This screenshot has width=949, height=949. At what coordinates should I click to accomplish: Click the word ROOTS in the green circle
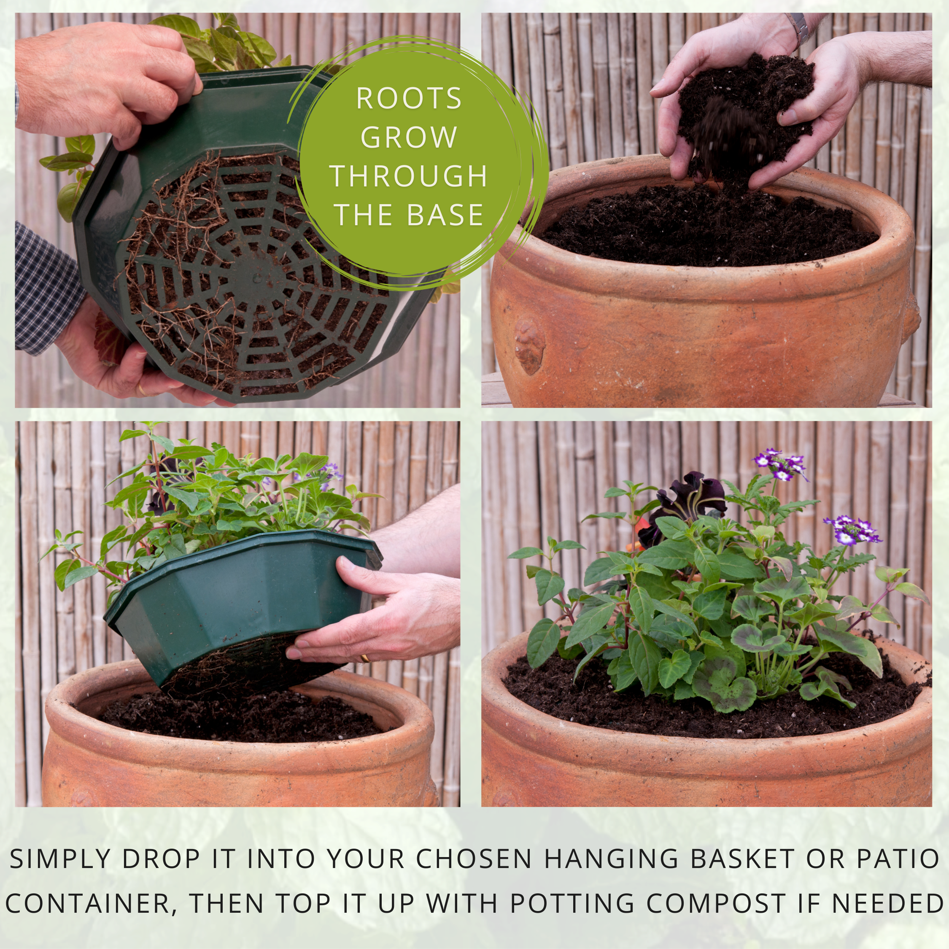(x=409, y=98)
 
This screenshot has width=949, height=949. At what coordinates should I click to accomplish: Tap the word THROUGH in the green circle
(x=409, y=176)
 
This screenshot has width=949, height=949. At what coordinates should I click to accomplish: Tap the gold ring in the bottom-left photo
(x=365, y=657)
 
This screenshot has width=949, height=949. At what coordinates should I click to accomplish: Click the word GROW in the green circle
(x=409, y=137)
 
